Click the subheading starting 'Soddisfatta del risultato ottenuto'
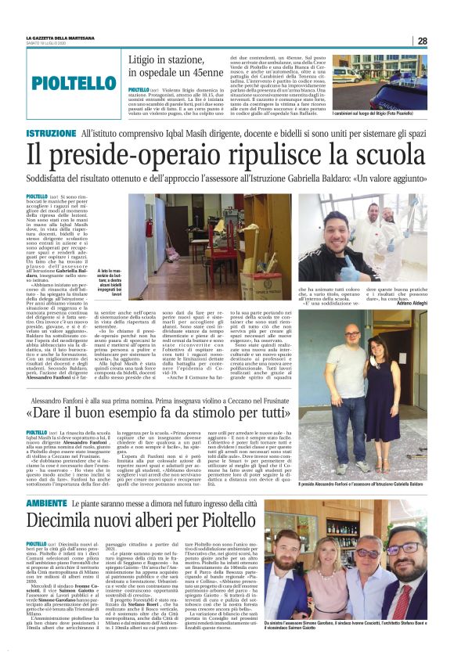pos(226,182)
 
